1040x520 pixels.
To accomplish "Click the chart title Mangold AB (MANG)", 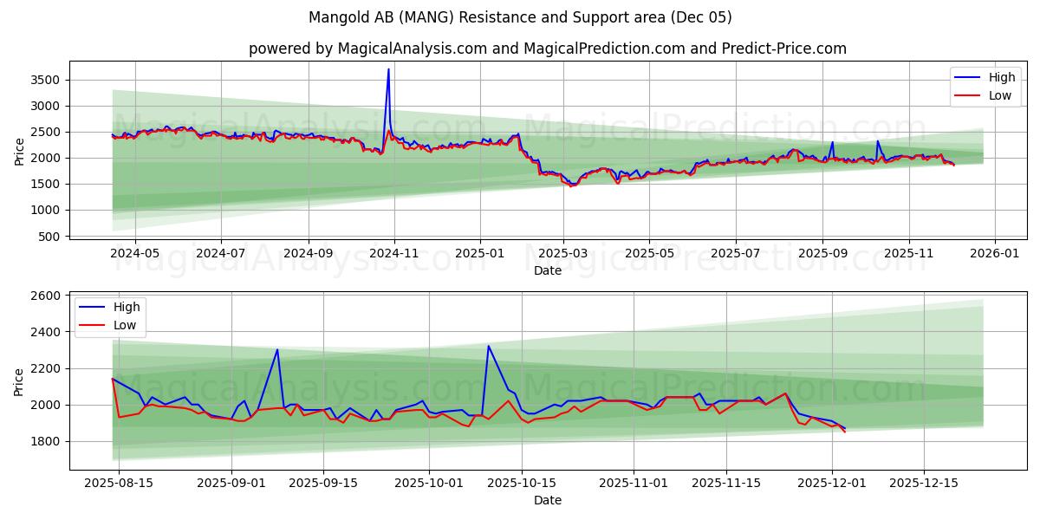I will click(x=520, y=17).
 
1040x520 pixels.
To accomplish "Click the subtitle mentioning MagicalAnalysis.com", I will click(x=548, y=49).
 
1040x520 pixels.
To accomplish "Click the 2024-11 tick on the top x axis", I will click(x=394, y=253).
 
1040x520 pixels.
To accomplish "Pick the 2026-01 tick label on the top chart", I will click(x=994, y=253).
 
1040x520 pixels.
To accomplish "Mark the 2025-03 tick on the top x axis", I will click(x=563, y=253).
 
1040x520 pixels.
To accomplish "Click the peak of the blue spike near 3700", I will click(x=388, y=69).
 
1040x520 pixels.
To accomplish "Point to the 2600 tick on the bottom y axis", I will click(x=44, y=296).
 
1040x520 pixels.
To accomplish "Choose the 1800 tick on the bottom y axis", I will click(x=44, y=441).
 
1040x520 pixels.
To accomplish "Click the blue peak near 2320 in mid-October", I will click(x=489, y=346).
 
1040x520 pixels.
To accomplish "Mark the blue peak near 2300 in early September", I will click(x=277, y=349).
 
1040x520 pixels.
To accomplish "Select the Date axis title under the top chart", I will click(x=548, y=270).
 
